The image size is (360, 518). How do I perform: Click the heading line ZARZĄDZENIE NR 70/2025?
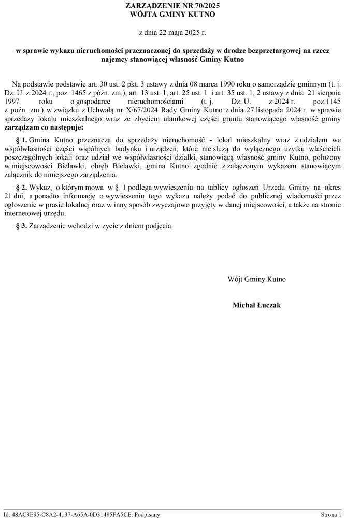tap(172, 5)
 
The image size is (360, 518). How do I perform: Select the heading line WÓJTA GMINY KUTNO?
tap(172, 14)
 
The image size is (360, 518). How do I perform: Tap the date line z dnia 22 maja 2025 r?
tap(172, 33)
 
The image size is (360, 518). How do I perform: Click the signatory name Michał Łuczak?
tap(257, 305)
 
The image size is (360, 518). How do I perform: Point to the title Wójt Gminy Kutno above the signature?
tap(257, 279)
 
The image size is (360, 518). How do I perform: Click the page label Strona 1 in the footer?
tap(331, 515)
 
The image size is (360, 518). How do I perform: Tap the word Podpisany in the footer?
tap(147, 515)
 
